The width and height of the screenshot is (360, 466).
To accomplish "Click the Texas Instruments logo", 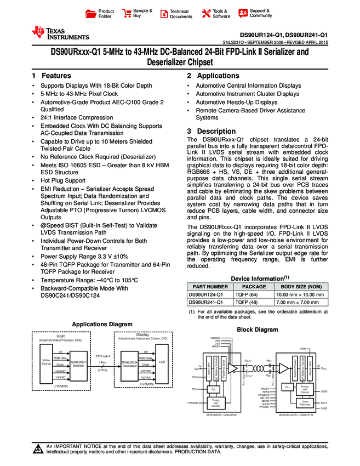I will click(x=60, y=33).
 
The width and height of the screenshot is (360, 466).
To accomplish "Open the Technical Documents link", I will click(x=180, y=14).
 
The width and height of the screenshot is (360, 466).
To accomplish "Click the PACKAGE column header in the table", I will click(x=254, y=286).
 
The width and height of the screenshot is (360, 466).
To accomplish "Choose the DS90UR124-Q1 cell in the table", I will click(x=209, y=294).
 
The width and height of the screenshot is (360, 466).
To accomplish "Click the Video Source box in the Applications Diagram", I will click(x=46, y=362).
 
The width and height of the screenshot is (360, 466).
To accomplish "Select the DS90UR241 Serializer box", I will click(x=78, y=363).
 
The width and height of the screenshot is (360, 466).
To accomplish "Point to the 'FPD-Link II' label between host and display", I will click(x=102, y=356).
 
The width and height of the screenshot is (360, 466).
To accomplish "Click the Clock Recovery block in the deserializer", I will click(x=305, y=404).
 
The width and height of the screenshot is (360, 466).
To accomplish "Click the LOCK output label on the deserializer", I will click(x=324, y=391).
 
